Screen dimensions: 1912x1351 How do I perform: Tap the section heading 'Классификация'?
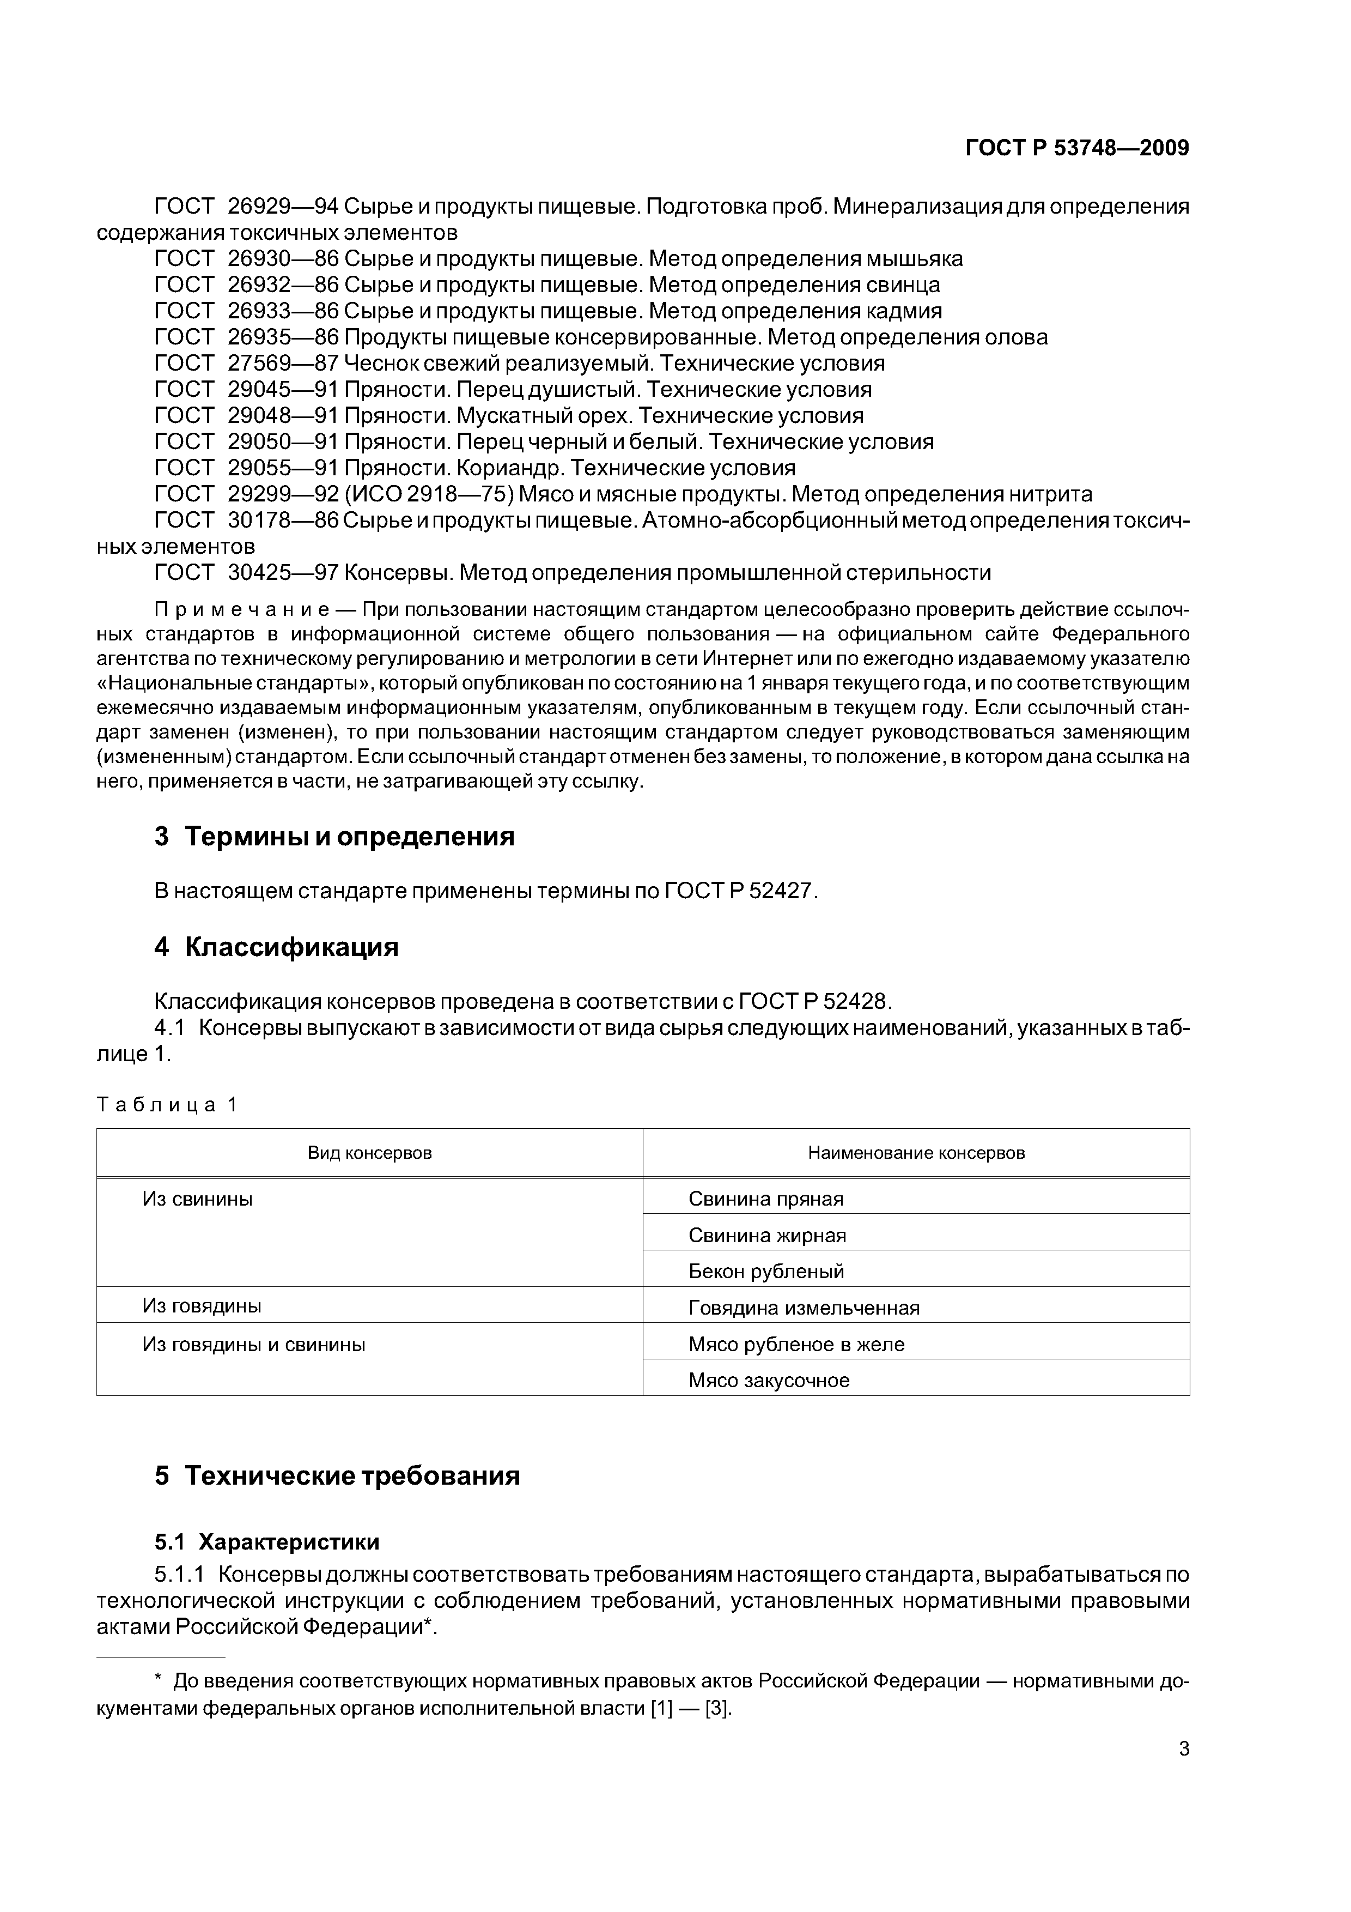(291, 947)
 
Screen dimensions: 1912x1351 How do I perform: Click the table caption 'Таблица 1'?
(167, 1105)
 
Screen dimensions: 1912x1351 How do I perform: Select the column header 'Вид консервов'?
(369, 1153)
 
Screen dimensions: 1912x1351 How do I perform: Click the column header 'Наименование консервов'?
(916, 1153)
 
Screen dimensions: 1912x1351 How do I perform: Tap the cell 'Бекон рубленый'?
(766, 1272)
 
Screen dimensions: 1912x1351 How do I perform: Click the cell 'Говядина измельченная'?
(804, 1308)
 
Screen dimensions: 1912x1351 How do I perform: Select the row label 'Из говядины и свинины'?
(254, 1344)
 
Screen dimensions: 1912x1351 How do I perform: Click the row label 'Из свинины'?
(197, 1199)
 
